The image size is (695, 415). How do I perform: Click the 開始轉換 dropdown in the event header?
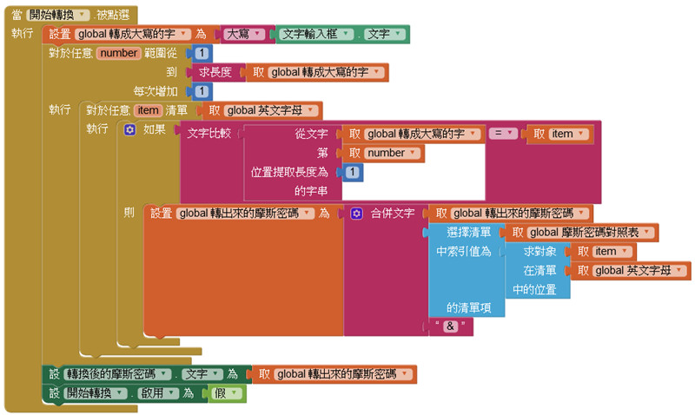tap(58, 15)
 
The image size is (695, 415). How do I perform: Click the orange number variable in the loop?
tap(119, 54)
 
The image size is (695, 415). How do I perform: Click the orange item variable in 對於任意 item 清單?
tap(148, 110)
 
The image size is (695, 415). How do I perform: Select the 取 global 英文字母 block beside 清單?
tap(261, 110)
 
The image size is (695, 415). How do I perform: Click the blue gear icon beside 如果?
tap(129, 129)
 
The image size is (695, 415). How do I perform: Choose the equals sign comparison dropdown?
tap(504, 134)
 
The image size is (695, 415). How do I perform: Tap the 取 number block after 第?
tap(380, 153)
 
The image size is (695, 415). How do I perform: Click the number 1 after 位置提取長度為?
tap(353, 172)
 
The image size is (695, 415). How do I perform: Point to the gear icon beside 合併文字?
tap(356, 213)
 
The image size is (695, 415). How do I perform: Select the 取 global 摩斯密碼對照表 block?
tap(582, 232)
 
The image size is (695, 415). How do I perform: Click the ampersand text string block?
tap(451, 326)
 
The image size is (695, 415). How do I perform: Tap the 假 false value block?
tap(228, 393)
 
